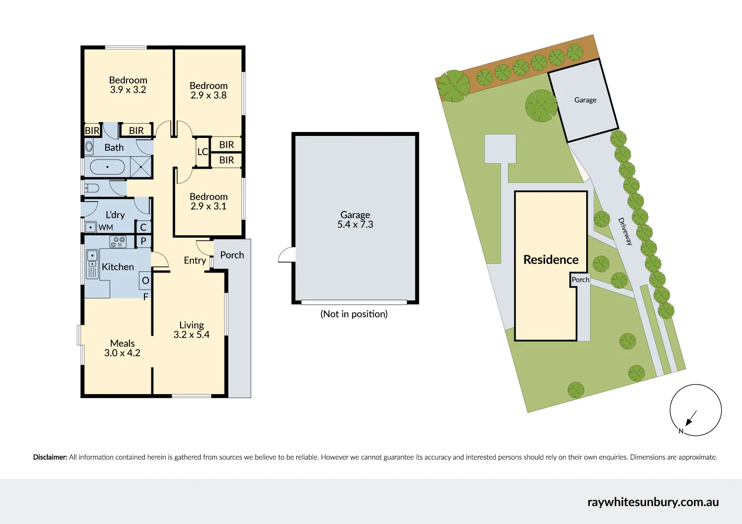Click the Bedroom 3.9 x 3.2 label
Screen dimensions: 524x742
pos(128,85)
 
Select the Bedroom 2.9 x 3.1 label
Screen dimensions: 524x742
pos(208,201)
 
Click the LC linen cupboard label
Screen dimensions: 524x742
pos(203,152)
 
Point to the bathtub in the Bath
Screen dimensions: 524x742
pos(107,167)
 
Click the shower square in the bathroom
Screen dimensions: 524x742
pos(141,167)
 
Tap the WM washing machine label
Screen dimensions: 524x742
pos(106,227)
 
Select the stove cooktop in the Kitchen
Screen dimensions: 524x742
pos(118,242)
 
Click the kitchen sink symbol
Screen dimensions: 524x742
pos(92,264)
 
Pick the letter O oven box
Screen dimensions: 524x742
pos(145,280)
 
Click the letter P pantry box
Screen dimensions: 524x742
pos(143,241)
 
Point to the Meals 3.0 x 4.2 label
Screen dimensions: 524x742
pos(122,348)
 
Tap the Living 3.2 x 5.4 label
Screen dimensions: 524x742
pos(191,330)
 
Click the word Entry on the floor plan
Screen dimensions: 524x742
pos(195,261)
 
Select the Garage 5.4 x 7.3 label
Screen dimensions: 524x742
pos(355,219)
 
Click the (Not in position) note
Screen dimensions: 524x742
pos(354,314)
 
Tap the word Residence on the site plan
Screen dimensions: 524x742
pos(551,260)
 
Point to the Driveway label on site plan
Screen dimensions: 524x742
pos(625,231)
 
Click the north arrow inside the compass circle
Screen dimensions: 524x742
pos(691,418)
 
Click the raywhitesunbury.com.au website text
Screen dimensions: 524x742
pos(653,502)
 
